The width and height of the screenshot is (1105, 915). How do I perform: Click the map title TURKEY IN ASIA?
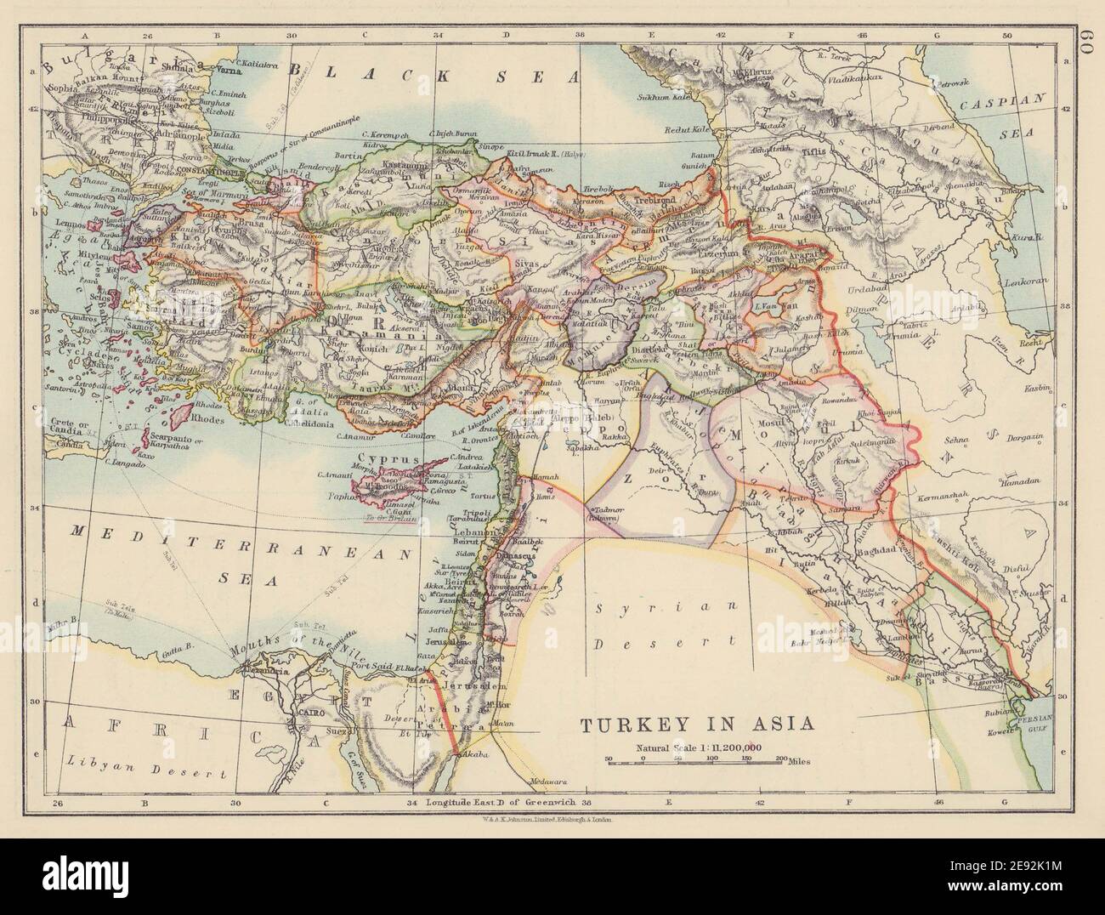point(697,725)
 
